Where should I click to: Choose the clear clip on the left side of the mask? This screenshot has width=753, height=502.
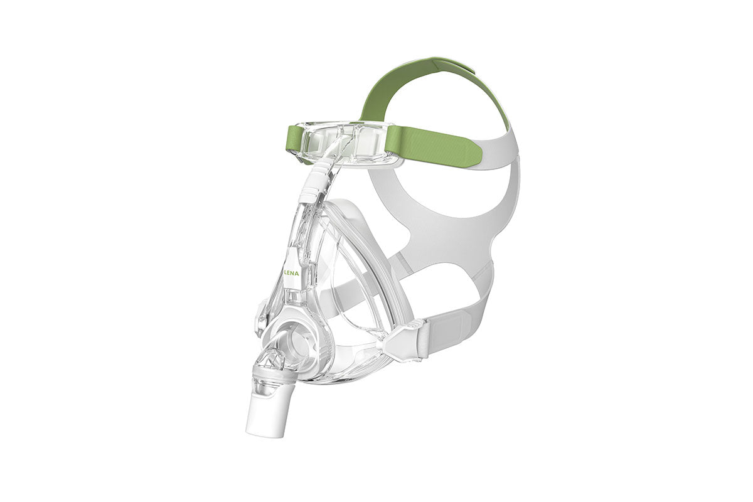coord(260,316)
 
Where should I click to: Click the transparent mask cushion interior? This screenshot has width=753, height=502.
coord(358,295)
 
